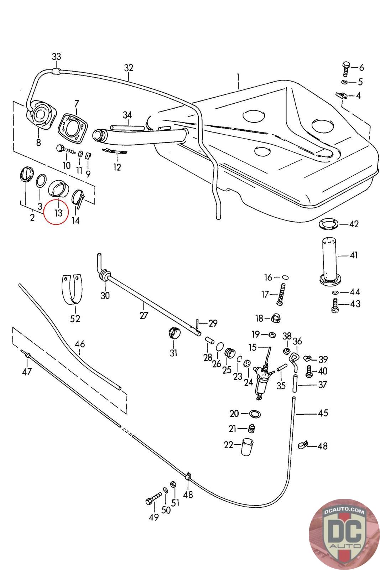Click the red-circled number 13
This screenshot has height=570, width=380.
[58, 213]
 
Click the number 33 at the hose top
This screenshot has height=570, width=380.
[57, 57]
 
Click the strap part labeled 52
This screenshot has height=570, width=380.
[75, 289]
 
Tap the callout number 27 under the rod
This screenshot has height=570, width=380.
[144, 315]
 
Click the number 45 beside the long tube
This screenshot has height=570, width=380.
[323, 413]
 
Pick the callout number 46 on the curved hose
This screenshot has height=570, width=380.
[80, 344]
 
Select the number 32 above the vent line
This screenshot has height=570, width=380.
[129, 68]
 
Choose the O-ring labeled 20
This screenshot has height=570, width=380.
[255, 414]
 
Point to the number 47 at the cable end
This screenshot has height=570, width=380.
[27, 372]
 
